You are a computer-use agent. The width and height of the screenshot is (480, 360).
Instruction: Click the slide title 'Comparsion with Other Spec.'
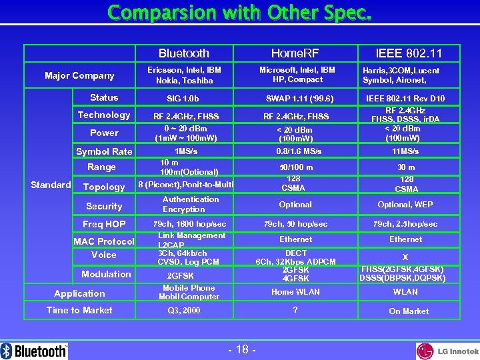(x=239, y=13)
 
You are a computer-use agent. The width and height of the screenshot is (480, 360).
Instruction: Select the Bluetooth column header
(x=184, y=53)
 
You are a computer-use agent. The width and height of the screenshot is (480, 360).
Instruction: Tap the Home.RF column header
(x=295, y=53)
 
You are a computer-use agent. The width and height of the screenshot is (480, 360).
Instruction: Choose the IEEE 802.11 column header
(x=408, y=53)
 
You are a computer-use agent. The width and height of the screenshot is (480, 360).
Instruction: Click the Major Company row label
(x=79, y=75)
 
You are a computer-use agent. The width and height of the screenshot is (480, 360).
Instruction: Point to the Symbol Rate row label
(x=104, y=151)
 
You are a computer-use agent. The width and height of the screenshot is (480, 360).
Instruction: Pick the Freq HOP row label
(x=104, y=224)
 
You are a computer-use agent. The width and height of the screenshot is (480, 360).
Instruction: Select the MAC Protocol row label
(x=104, y=241)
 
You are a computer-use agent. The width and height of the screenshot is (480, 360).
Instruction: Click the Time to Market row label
(x=79, y=310)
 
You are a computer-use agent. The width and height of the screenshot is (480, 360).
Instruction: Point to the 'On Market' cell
(x=409, y=311)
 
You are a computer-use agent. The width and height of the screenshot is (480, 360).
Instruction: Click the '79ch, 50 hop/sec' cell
(x=295, y=224)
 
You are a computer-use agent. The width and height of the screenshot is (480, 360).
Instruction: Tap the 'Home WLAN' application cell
(x=295, y=292)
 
